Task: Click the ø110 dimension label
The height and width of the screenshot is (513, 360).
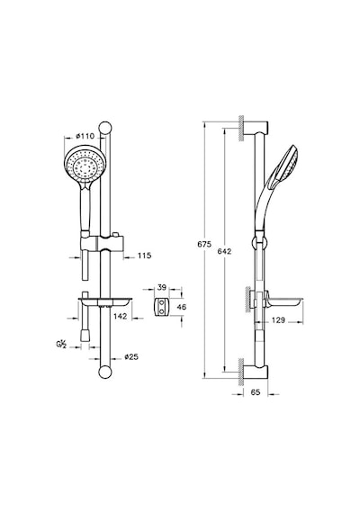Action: (85, 136)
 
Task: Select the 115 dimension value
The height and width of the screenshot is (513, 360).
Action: (144, 256)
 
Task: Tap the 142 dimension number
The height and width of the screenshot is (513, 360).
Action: (120, 316)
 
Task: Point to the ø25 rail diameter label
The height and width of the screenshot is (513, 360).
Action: (131, 356)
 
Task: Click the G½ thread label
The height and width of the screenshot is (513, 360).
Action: (61, 344)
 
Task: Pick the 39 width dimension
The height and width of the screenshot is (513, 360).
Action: (162, 287)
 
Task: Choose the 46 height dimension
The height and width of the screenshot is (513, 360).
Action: (181, 307)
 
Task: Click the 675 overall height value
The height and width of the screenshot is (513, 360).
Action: (204, 244)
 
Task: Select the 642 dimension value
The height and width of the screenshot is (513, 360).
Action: (224, 251)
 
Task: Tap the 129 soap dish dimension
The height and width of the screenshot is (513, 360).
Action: (278, 320)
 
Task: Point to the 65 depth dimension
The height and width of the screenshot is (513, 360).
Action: (256, 391)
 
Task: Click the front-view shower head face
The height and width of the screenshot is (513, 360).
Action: (85, 166)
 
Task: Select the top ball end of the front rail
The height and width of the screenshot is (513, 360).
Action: (105, 128)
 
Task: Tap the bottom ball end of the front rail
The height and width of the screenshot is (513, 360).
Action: (105, 373)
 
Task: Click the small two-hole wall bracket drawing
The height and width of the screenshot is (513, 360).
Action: (161, 307)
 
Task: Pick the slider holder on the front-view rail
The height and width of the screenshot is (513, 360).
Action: (102, 243)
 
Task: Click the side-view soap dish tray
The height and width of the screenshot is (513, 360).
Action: (283, 301)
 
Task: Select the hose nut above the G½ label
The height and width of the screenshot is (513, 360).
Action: (85, 335)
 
